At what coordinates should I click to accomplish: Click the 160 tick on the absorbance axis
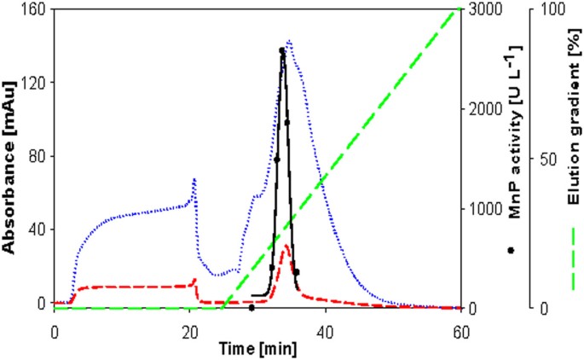pos(36,9)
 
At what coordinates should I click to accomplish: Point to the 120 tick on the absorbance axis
pos(36,83)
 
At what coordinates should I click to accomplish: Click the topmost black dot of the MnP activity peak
pos(282,50)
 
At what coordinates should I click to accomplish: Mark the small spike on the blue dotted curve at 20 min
pos(194,180)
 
